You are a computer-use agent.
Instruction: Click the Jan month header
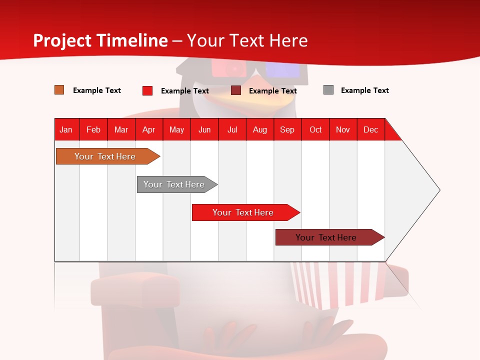coord(66,129)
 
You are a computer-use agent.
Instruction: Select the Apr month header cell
coord(149,129)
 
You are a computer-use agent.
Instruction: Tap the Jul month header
coord(232,129)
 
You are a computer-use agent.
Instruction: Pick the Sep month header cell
coord(287,129)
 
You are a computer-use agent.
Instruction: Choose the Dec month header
coord(370,129)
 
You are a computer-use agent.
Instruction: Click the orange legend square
coord(59,90)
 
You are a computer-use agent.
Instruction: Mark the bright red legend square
coord(147,90)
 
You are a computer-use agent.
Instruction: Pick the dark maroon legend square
coord(236,90)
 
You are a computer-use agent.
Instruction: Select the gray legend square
coord(328,90)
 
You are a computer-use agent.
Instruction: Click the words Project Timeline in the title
coord(100,40)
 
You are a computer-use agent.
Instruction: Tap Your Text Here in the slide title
coord(247,40)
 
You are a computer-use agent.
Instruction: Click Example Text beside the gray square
coord(364,90)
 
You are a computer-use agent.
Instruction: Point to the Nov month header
coord(343,129)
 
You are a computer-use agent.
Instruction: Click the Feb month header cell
coord(93,129)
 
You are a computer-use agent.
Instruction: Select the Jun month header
coord(204,129)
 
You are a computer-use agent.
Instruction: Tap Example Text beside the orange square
coord(97,90)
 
